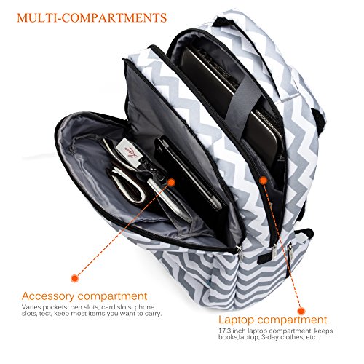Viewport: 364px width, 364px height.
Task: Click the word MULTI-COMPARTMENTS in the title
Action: point(92,18)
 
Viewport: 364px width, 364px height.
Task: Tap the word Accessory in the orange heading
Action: point(48,296)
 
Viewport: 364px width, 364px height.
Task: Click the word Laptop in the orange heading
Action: point(236,320)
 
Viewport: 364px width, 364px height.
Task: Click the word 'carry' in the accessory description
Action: point(153,314)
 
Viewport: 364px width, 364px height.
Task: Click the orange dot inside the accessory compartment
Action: point(171,183)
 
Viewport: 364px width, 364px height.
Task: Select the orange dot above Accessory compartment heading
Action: point(75,278)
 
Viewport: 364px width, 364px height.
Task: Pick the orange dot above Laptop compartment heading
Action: point(301,311)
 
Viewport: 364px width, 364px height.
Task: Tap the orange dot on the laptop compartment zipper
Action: point(264,181)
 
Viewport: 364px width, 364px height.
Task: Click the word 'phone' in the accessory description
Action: point(144,307)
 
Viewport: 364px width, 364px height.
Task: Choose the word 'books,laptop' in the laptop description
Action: point(239,337)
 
